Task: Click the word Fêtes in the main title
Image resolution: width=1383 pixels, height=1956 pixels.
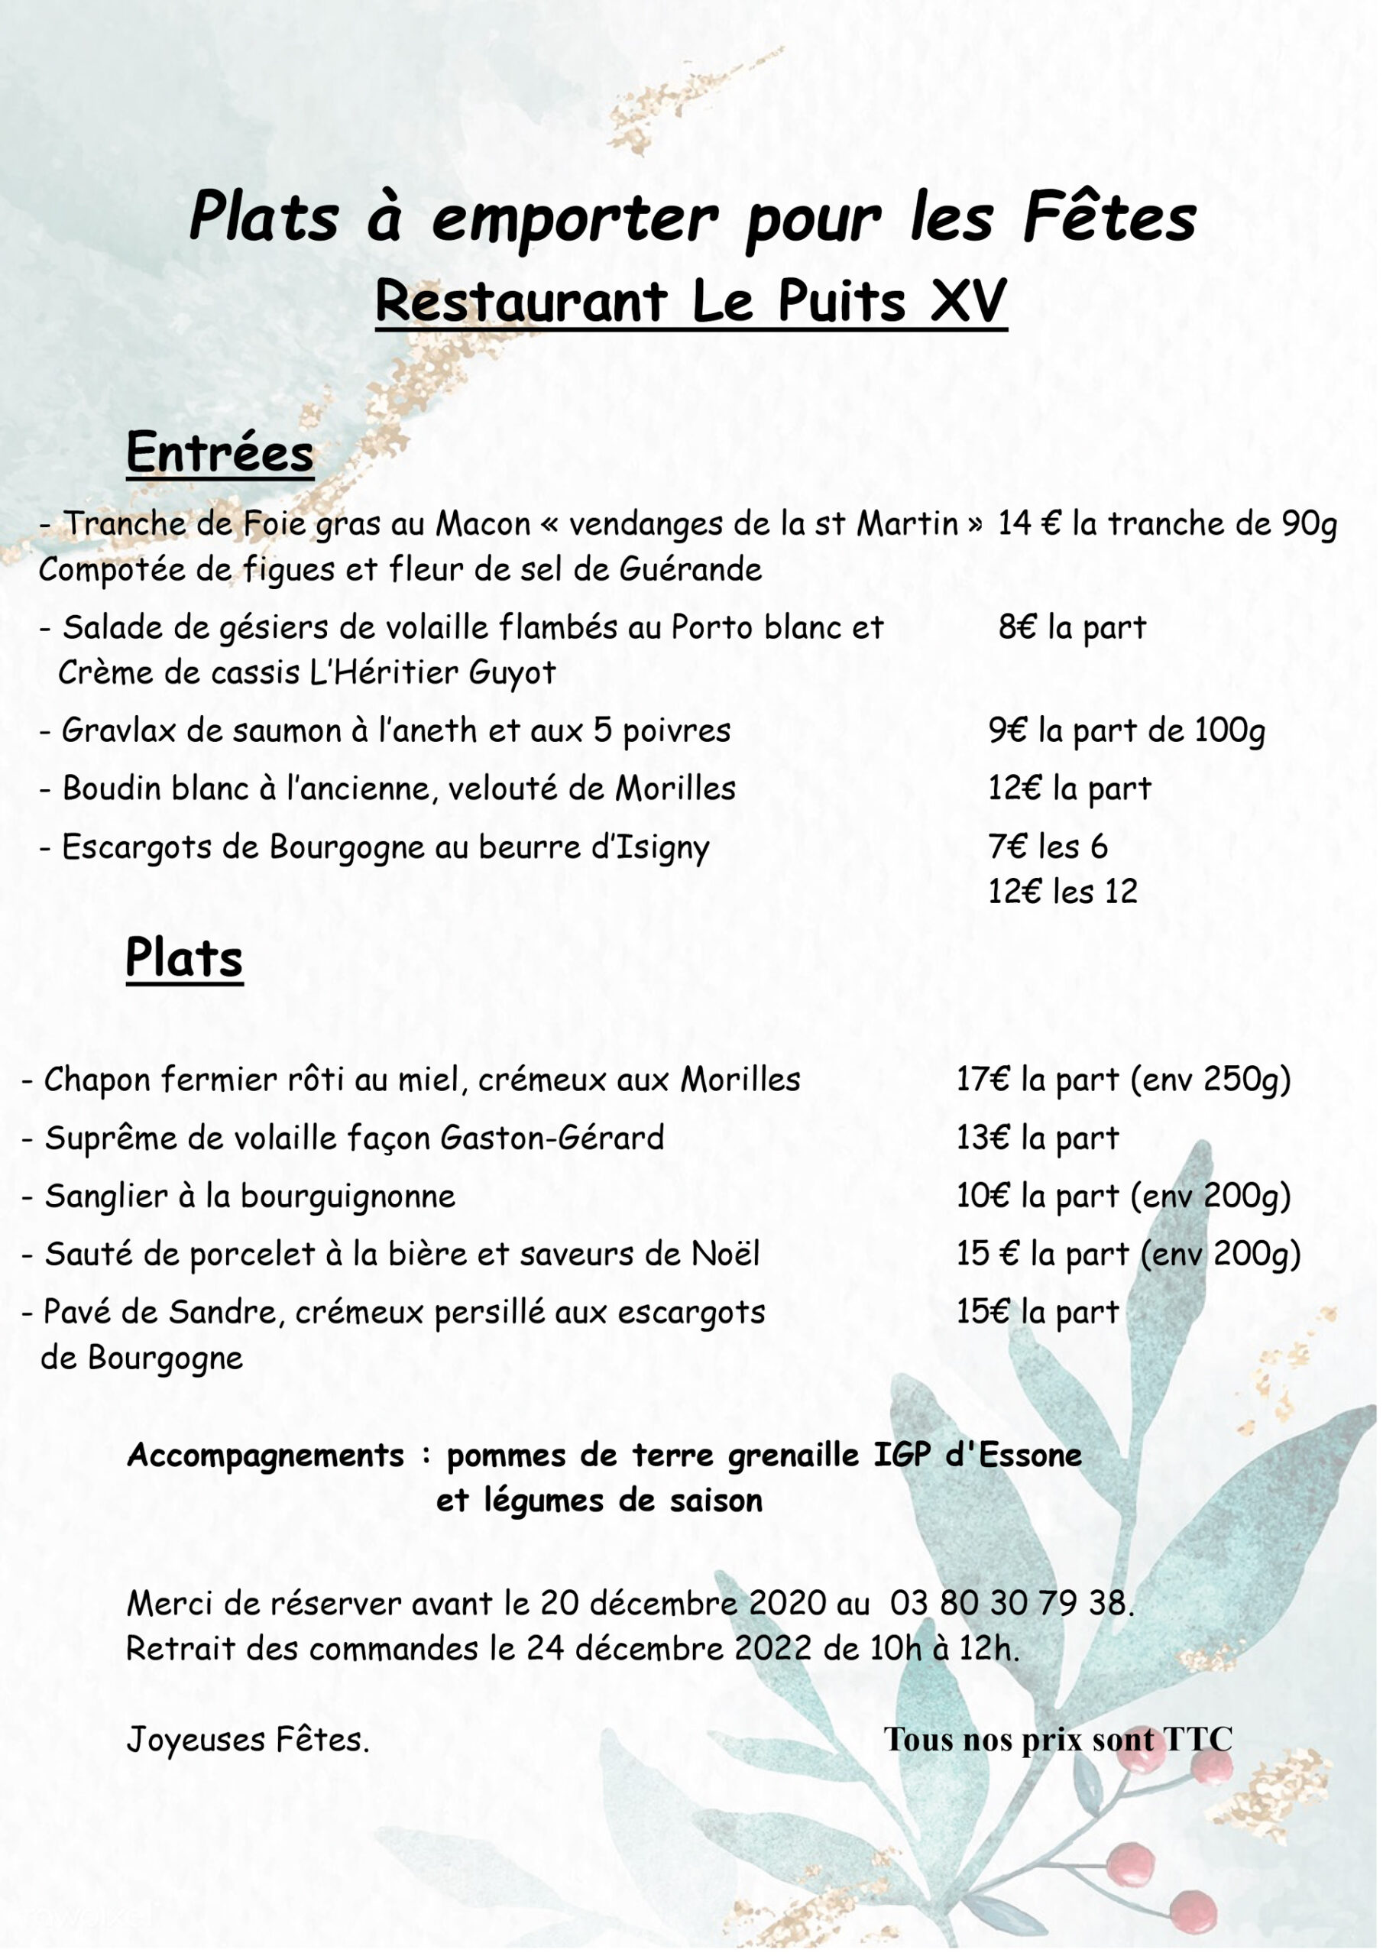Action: click(x=1109, y=217)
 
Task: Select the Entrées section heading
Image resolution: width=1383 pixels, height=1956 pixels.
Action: click(x=220, y=452)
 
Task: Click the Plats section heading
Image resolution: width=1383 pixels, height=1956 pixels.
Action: click(x=184, y=957)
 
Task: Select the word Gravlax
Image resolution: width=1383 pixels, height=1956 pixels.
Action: click(x=118, y=731)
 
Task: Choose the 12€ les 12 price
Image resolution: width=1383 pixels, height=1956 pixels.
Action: click(x=1063, y=892)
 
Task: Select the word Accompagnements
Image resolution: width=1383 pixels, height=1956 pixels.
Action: click(x=265, y=1455)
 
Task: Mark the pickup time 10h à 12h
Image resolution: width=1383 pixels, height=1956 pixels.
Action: click(x=944, y=1648)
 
